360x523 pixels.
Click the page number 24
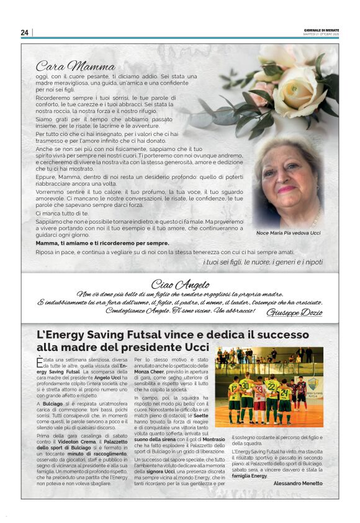click(x=25, y=32)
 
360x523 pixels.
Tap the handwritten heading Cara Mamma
click(x=66, y=65)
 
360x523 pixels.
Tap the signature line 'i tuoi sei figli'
click(x=263, y=262)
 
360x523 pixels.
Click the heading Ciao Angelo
click(x=180, y=284)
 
